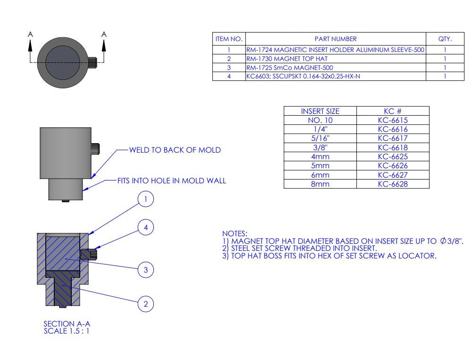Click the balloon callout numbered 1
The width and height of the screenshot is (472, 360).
click(146, 200)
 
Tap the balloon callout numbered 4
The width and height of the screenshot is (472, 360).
click(146, 228)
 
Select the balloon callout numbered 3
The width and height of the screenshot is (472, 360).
click(146, 270)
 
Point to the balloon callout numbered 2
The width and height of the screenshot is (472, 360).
click(146, 304)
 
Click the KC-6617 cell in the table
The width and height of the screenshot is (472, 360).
click(393, 138)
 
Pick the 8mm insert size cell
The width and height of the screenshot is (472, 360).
click(320, 184)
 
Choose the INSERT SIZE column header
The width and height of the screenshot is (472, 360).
click(320, 111)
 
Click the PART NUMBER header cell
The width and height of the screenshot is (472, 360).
click(335, 39)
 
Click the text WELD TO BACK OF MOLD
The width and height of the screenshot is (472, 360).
click(175, 150)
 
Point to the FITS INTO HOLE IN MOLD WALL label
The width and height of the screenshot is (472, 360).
click(172, 180)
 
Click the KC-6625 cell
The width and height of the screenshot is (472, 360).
click(393, 157)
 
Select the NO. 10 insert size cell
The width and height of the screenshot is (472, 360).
click(320, 120)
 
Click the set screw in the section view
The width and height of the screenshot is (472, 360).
click(89, 254)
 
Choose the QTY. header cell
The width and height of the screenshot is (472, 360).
click(445, 39)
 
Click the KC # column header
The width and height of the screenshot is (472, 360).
click(393, 111)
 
